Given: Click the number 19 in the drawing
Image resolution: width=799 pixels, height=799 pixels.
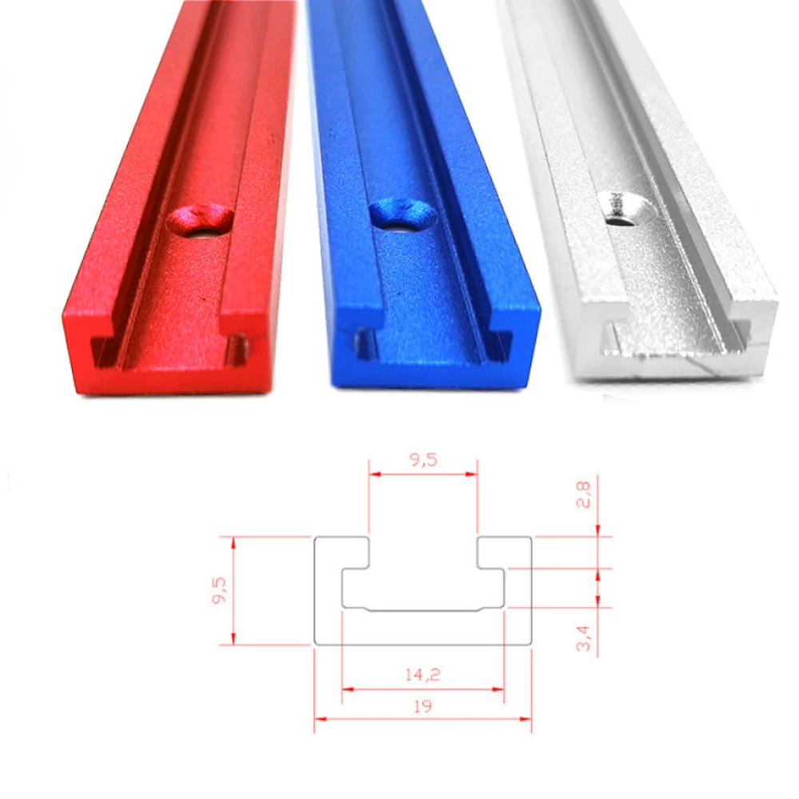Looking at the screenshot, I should tap(423, 706).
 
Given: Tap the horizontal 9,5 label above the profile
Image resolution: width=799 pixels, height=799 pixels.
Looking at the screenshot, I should tap(423, 460).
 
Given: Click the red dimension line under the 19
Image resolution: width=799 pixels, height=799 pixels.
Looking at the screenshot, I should tap(423, 718).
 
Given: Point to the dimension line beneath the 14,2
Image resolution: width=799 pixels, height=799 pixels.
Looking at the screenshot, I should tap(423, 688).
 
